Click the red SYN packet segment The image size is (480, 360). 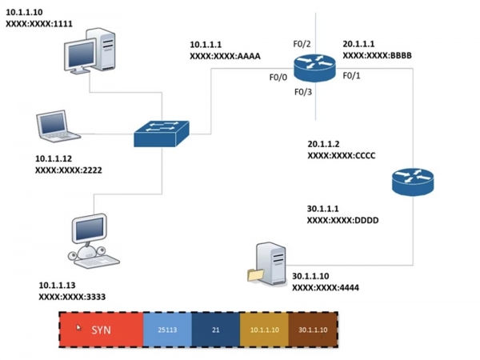coord(101,330)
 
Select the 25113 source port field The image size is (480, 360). coord(166,330)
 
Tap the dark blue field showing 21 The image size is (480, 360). coord(215,330)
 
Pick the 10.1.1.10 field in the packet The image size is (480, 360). coord(263,330)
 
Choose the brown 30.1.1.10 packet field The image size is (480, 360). coord(312,330)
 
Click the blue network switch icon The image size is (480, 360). coord(162,134)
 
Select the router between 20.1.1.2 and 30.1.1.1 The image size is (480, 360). coord(412,182)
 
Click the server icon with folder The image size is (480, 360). coord(266,264)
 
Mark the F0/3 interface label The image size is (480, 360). coord(303,93)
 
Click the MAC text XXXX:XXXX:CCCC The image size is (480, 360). coord(342,155)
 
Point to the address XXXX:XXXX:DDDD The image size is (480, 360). coord(342,220)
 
